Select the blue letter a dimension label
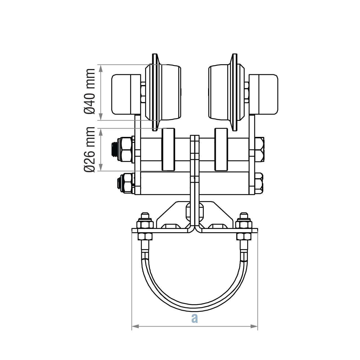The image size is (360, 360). point(195,318)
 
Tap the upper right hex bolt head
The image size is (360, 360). point(259,149)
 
